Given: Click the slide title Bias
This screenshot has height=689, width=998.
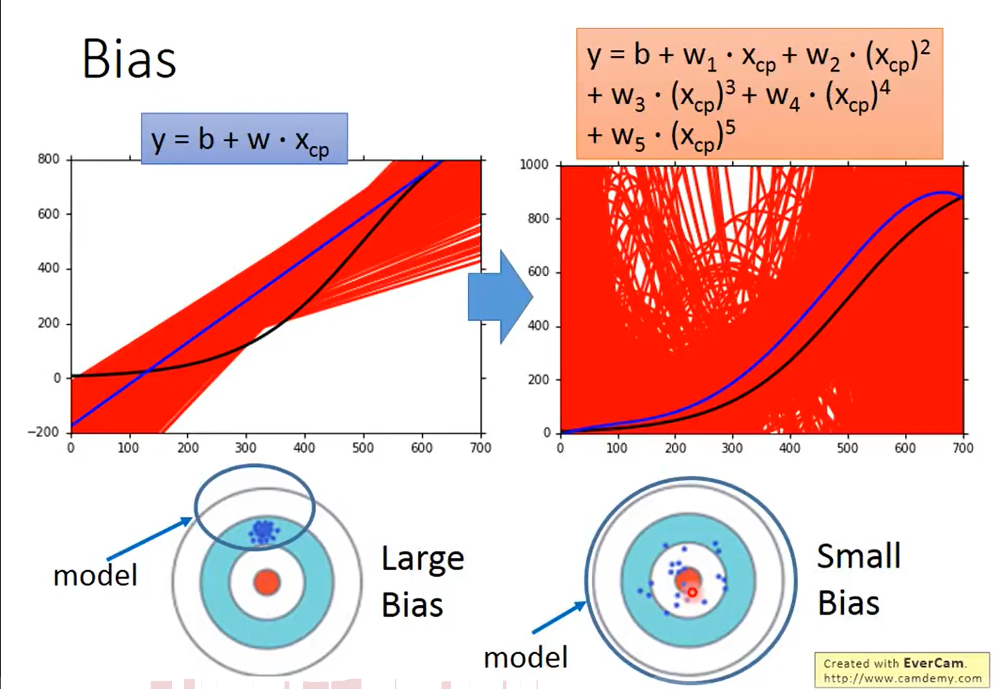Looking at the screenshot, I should point(129,59).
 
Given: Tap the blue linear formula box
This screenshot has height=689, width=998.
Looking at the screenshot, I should point(244,139).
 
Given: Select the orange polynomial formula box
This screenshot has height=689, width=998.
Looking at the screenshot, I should point(759,94).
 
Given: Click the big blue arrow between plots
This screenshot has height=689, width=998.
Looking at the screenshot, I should point(500,297).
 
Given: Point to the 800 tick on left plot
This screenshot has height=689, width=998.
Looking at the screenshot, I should point(49,159).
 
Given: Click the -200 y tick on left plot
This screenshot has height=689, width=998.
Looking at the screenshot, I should point(44,432).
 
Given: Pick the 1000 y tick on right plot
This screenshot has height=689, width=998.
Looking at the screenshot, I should point(534,165).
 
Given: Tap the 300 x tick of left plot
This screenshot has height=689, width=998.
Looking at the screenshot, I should point(245,448).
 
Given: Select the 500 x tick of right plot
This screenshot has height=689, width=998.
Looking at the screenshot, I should point(847,448).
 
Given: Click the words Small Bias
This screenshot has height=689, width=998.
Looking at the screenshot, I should point(859,579).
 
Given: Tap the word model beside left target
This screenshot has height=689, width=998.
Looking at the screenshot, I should point(96,575).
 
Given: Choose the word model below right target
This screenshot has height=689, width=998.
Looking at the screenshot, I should point(525,657).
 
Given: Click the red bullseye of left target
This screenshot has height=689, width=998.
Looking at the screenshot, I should point(267,582).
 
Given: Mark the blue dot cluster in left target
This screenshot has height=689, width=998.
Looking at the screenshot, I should point(262,531).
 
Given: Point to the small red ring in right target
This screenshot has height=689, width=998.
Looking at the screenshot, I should point(692,592).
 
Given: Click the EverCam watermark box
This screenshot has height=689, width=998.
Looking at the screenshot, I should point(902,670).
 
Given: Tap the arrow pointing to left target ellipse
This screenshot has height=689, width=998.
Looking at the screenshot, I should point(149,538).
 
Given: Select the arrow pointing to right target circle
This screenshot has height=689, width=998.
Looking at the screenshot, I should point(559,617).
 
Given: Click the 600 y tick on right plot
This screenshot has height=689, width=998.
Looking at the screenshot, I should point(539,272).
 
